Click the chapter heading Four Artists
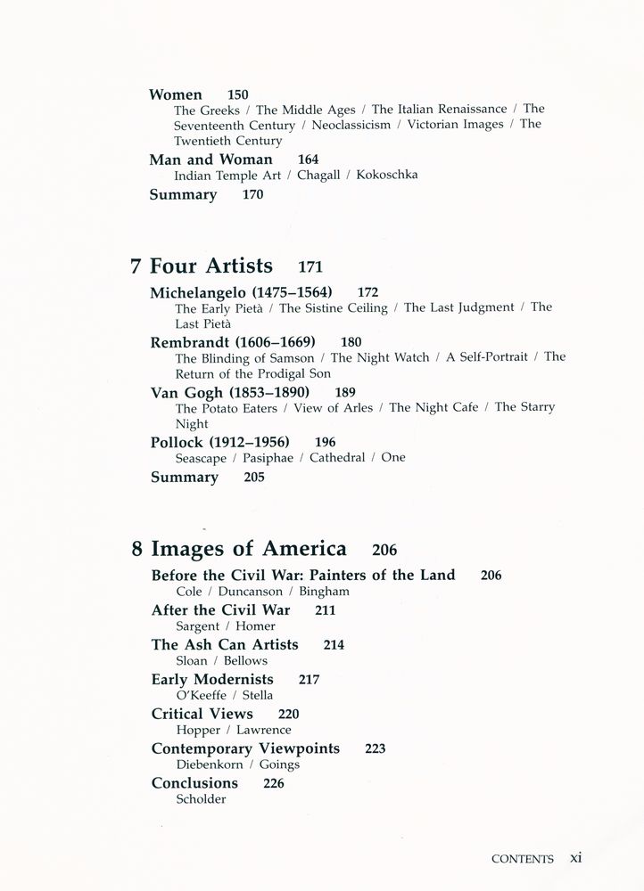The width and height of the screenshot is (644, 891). (x=211, y=266)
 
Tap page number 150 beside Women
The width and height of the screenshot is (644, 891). (x=238, y=94)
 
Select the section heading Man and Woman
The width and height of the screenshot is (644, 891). (x=211, y=159)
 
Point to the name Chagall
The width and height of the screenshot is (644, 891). (x=318, y=176)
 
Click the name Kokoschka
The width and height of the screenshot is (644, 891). (x=386, y=176)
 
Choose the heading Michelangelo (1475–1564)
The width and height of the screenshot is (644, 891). (x=241, y=292)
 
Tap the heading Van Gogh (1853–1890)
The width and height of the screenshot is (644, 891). (x=229, y=392)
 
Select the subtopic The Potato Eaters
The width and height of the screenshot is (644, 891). (x=226, y=408)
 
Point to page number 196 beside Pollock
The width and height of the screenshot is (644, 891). (x=326, y=442)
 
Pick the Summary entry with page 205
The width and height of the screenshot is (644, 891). (x=185, y=478)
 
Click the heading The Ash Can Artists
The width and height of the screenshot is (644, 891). (x=225, y=644)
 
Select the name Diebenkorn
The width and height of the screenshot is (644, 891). (x=209, y=764)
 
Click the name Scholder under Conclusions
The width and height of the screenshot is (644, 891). (x=201, y=799)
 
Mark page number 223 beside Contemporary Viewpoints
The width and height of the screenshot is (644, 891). (x=376, y=748)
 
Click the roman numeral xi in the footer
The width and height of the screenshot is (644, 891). (x=576, y=858)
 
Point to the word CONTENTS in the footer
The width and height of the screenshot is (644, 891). (x=523, y=860)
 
